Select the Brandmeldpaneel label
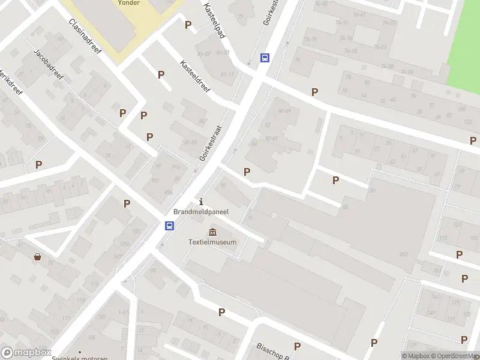200,212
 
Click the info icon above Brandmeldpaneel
200,202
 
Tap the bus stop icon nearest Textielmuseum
170,226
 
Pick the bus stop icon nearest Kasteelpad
265,58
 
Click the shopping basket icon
38,257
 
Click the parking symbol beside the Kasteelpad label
188,25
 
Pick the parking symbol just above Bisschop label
297,346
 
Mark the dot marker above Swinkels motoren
79,352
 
